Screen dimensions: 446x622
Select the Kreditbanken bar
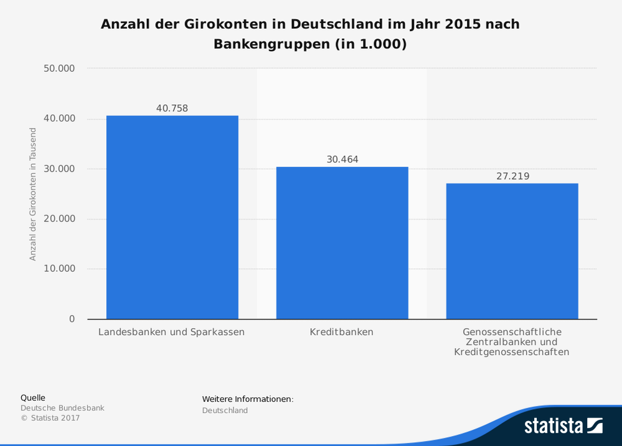pyautogui.click(x=342, y=243)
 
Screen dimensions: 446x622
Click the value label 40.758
pyautogui.click(x=172, y=109)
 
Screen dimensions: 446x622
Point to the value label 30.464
pyautogui.click(x=342, y=160)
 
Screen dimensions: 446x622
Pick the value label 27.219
pyautogui.click(x=512, y=177)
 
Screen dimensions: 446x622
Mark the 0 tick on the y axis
pyautogui.click(x=72, y=319)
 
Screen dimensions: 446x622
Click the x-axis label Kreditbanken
pyautogui.click(x=342, y=332)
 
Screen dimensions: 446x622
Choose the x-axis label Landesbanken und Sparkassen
pyautogui.click(x=171, y=332)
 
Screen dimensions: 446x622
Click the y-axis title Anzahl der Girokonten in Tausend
pyautogui.click(x=33, y=194)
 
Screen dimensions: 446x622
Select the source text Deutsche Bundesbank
pyautogui.click(x=62, y=408)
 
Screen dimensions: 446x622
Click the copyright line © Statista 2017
pyautogui.click(x=50, y=418)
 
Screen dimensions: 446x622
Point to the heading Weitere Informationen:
pyautogui.click(x=247, y=399)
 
